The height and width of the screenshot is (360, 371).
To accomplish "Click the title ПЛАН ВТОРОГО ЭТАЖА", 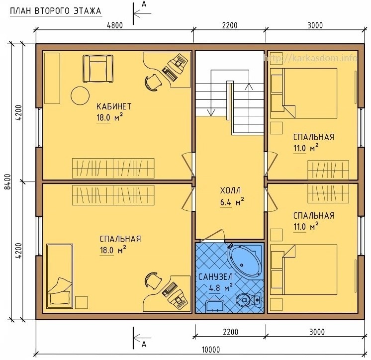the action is [56, 11].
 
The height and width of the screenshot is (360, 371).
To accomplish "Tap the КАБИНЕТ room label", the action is [114, 106].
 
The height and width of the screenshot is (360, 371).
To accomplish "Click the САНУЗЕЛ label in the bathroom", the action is [215, 277].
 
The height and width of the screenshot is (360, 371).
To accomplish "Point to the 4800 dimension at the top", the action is [115, 25].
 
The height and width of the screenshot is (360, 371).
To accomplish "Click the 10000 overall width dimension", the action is [211, 350].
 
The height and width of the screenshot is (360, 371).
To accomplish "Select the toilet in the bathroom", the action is [249, 300].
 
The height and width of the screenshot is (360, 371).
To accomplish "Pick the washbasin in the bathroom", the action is [215, 306].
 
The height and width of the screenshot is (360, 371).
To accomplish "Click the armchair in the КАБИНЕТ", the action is [97, 69].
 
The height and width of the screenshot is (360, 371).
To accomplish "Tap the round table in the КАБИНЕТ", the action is [80, 95].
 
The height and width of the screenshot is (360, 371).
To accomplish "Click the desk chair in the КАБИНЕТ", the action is [153, 82].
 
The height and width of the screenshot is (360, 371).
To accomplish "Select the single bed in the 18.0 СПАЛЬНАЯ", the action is [60, 276].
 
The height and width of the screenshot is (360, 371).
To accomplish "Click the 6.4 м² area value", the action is [232, 202].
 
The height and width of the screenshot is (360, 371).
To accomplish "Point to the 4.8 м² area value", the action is [220, 288].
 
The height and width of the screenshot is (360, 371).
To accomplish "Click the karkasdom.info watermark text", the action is [310, 58].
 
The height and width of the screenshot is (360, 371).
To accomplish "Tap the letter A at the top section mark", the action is [144, 4].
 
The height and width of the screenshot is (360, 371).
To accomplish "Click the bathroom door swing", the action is [212, 235].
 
